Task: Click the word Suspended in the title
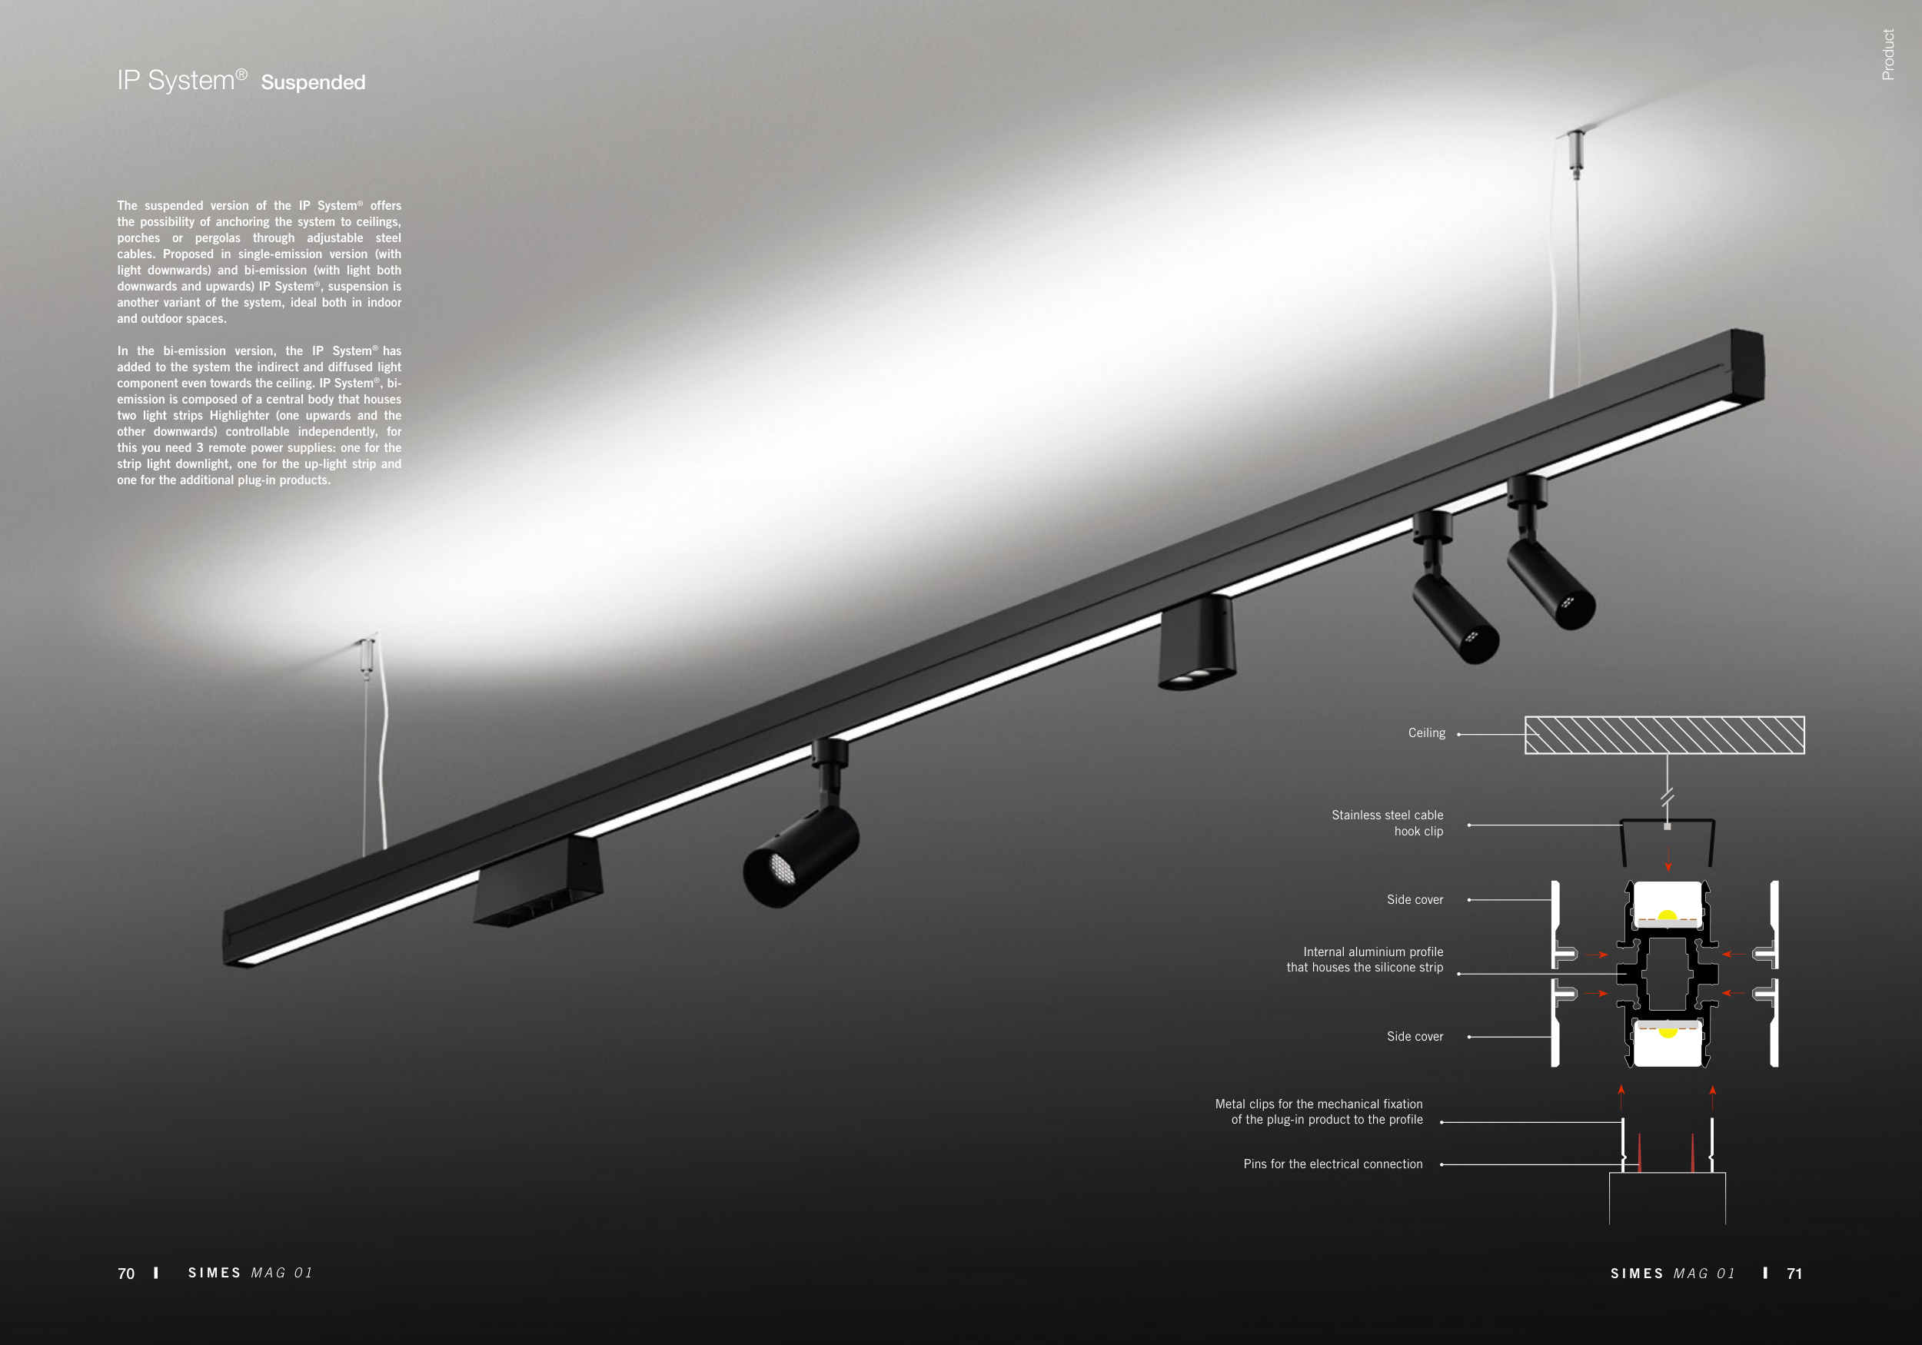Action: pyautogui.click(x=313, y=82)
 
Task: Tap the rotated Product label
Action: pyautogui.click(x=1887, y=55)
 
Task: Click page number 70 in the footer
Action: pyautogui.click(x=126, y=1273)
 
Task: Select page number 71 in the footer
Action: pyautogui.click(x=1794, y=1273)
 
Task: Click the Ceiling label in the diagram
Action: pyautogui.click(x=1426, y=733)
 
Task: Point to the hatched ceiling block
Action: pyautogui.click(x=1664, y=735)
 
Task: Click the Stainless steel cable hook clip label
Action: pyautogui.click(x=1387, y=822)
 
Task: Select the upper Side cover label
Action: pyautogui.click(x=1415, y=900)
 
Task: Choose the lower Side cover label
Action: pyautogui.click(x=1415, y=1036)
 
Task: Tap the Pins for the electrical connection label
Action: pyautogui.click(x=1332, y=1164)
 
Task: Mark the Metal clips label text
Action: pyautogui.click(x=1318, y=1111)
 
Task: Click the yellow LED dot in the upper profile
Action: pyautogui.click(x=1668, y=916)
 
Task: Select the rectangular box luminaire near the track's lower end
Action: pyautogui.click(x=537, y=882)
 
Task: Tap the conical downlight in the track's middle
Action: pyautogui.click(x=1196, y=643)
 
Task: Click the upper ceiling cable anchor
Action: pyautogui.click(x=1576, y=154)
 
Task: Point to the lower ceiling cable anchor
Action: pyautogui.click(x=367, y=657)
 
